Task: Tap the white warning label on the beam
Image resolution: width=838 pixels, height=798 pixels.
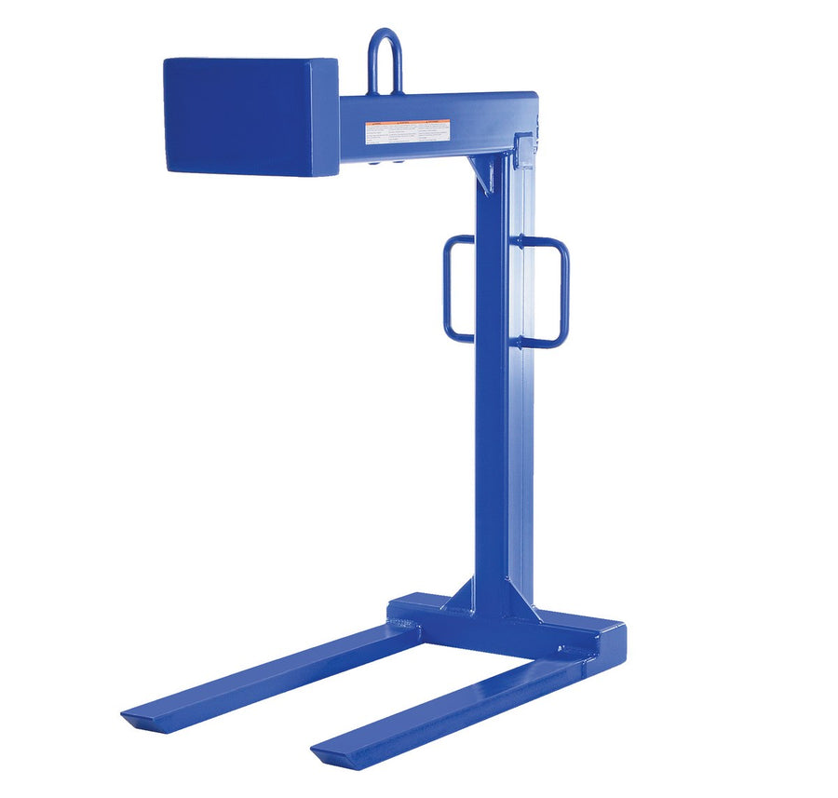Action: [x=408, y=132]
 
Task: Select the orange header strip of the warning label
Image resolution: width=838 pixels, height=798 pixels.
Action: [x=408, y=124]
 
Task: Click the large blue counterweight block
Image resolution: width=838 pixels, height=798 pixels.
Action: [x=250, y=115]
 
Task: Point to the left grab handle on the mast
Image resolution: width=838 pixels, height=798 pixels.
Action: [x=457, y=289]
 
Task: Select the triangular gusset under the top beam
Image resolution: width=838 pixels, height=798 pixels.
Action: [x=485, y=171]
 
